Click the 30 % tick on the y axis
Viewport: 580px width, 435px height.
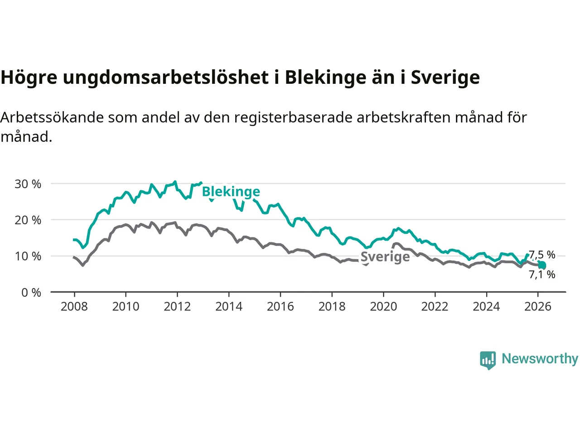click(28, 184)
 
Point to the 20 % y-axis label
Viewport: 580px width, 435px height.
click(28, 220)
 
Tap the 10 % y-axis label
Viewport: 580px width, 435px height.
click(28, 256)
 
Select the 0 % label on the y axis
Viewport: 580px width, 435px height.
click(31, 293)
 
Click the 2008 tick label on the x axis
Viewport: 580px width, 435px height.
click(74, 307)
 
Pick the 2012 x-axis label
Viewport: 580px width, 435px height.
click(177, 307)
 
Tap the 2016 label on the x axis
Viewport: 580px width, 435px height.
click(280, 307)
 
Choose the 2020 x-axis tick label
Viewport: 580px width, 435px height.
click(383, 307)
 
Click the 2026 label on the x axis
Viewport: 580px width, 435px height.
click(538, 307)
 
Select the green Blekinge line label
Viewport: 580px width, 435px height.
click(231, 192)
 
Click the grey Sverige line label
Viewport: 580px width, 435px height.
click(385, 257)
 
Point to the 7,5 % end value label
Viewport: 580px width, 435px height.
click(542, 255)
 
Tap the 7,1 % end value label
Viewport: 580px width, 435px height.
click(542, 275)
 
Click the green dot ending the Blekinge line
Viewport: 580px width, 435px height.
click(542, 266)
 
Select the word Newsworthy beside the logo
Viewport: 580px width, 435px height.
click(540, 359)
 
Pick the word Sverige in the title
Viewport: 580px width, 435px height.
click(445, 77)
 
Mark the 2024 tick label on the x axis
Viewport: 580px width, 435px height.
click(486, 307)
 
